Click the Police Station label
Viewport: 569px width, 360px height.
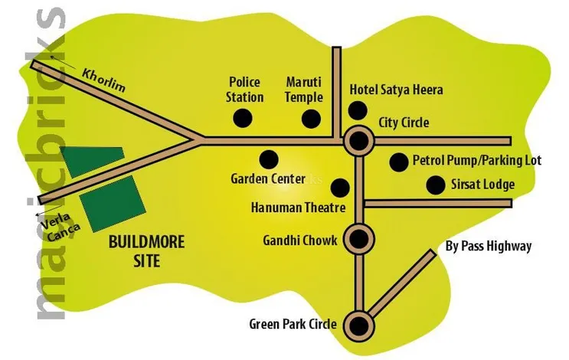click(246, 90)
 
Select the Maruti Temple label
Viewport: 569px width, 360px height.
click(304, 90)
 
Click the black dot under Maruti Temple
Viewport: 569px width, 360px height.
click(311, 119)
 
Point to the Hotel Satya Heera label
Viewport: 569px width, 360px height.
click(396, 90)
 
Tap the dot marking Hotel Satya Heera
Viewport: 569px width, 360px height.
click(357, 110)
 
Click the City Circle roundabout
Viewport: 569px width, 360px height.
click(357, 140)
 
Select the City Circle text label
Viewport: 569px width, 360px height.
click(404, 123)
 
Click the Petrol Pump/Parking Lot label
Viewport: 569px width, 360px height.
click(476, 161)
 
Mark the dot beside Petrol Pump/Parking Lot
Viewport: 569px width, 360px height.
click(398, 162)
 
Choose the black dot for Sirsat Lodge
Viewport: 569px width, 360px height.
click(436, 185)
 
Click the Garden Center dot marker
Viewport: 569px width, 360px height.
click(268, 159)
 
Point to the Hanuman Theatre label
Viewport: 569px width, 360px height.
click(299, 208)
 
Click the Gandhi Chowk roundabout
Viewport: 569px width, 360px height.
click(357, 237)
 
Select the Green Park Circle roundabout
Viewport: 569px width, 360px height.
click(357, 324)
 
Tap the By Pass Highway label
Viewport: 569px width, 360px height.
click(488, 246)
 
